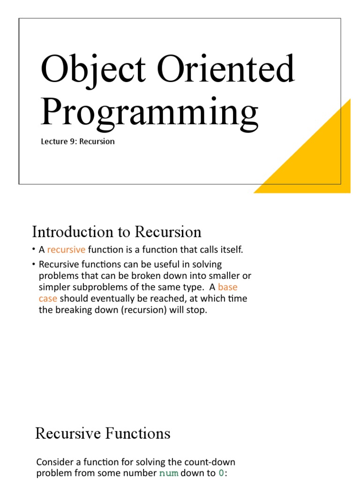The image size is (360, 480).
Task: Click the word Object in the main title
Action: click(93, 70)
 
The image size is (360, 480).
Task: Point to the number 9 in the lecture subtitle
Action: click(72, 142)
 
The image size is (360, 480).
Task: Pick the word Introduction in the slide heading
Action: click(73, 232)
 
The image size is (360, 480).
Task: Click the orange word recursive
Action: click(66, 250)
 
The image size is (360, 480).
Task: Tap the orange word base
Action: click(227, 287)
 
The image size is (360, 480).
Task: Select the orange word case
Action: click(48, 299)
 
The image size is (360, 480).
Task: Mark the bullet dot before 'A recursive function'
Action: click(33, 249)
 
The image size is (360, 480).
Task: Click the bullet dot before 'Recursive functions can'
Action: click(33, 264)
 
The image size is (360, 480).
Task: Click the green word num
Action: click(169, 473)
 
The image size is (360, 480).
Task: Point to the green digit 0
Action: click(221, 473)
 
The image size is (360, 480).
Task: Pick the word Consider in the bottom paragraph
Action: click(55, 462)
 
